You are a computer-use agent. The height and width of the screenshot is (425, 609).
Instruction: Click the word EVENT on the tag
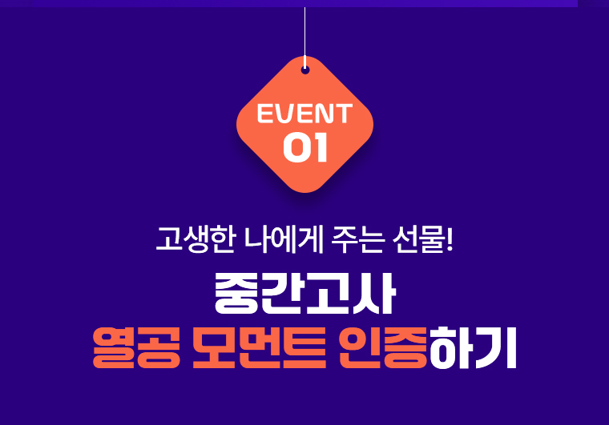point(304,114)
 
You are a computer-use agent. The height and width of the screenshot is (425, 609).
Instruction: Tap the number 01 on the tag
point(305,148)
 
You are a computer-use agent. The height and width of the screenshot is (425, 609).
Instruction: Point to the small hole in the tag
point(305,70)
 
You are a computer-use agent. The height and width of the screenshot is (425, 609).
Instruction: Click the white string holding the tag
point(304,32)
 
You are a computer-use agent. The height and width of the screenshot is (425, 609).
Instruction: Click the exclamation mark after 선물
point(450,239)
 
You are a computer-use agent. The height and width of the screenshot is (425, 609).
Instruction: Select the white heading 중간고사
point(304,295)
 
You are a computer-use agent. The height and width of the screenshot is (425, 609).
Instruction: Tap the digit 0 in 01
point(296,148)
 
